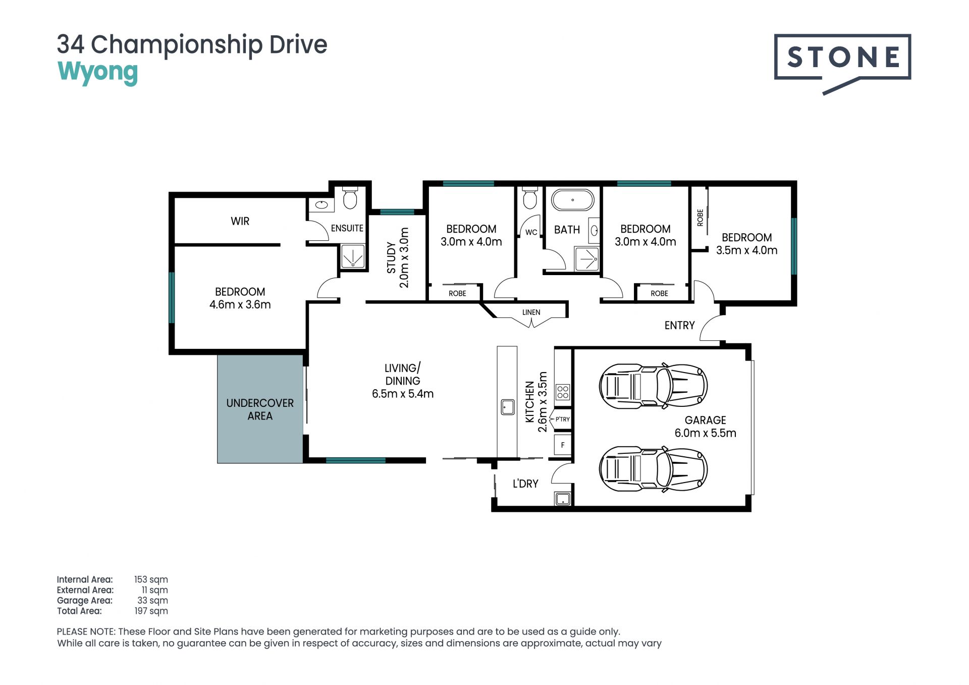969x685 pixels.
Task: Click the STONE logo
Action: click(x=842, y=63)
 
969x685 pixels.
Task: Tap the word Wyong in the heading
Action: click(x=97, y=72)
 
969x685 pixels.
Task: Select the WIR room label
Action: click(x=240, y=221)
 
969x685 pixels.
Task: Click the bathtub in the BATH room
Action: click(x=572, y=200)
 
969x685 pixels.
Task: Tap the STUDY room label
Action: click(x=391, y=258)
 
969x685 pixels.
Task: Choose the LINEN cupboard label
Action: click(x=531, y=312)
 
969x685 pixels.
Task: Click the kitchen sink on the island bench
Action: click(x=507, y=407)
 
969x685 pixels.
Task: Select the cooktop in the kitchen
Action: click(x=563, y=392)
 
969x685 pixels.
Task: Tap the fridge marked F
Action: click(x=563, y=445)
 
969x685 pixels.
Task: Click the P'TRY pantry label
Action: click(x=563, y=419)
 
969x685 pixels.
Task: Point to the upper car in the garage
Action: click(x=653, y=386)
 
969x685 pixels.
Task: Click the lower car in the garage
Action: click(x=653, y=469)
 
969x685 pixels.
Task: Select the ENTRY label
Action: click(x=679, y=326)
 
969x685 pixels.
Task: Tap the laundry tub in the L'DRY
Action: click(x=562, y=499)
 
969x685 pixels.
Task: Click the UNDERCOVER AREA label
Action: click(x=260, y=409)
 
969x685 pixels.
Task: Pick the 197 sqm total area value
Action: click(x=151, y=611)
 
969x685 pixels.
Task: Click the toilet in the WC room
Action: click(x=529, y=198)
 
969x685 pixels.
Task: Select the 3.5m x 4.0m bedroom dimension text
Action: click(x=746, y=250)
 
